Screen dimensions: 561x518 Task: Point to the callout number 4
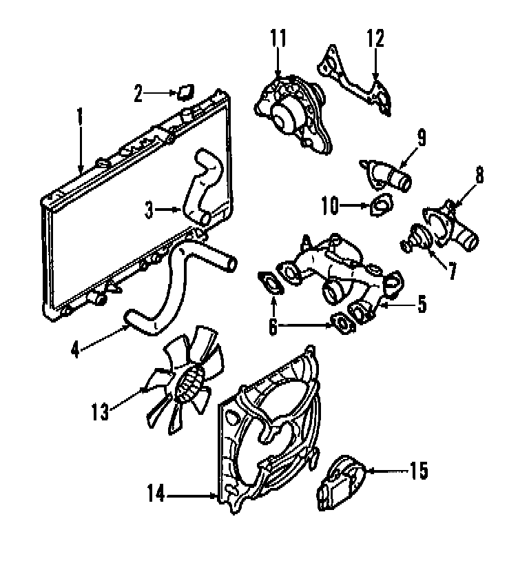coord(76,348)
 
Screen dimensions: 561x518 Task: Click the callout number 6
coord(273,327)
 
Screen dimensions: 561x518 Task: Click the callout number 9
coord(420,136)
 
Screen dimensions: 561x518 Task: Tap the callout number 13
coord(101,411)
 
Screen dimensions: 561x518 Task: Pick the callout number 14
coord(156,494)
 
